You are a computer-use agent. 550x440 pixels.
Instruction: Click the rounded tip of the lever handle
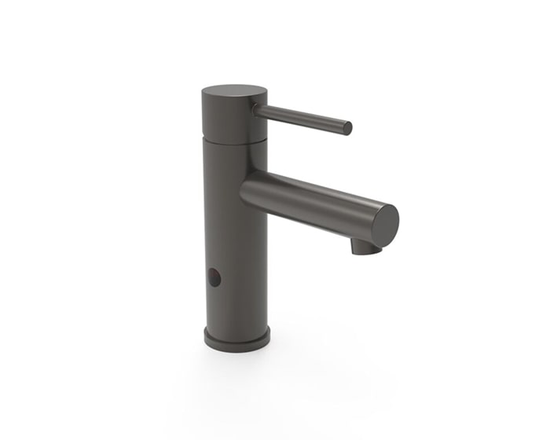click(x=346, y=128)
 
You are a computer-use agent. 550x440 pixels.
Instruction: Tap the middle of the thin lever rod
click(x=302, y=118)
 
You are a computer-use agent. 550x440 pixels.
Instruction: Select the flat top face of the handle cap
click(x=234, y=93)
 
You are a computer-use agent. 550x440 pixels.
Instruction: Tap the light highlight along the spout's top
click(x=314, y=185)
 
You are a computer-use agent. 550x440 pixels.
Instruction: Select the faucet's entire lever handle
click(x=302, y=118)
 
